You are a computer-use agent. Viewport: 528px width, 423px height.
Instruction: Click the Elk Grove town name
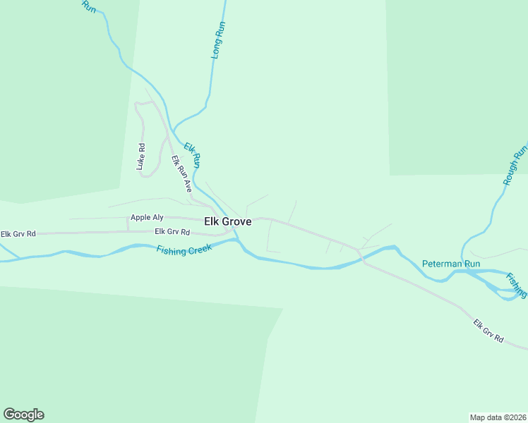(227, 221)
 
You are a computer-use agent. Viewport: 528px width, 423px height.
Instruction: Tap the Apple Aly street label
(147, 218)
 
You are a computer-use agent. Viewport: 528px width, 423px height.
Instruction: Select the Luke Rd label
(141, 157)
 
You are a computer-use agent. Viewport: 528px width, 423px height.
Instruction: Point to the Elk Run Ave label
(182, 173)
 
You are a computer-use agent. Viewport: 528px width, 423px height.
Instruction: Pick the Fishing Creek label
(184, 250)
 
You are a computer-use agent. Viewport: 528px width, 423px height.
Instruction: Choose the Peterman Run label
(451, 264)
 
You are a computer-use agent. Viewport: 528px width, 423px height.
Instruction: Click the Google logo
(23, 415)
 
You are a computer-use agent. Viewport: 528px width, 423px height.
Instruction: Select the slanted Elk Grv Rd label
(488, 331)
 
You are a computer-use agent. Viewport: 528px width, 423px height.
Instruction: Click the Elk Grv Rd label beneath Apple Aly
(172, 232)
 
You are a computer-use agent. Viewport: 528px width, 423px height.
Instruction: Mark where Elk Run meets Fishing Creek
(237, 240)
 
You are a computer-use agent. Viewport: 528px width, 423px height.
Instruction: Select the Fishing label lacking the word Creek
(516, 285)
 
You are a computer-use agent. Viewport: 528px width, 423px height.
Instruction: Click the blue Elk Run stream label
(193, 155)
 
